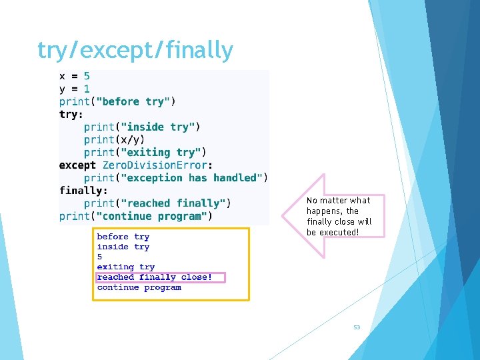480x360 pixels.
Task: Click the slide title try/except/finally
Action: [x=135, y=50]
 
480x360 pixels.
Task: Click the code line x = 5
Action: [x=75, y=76]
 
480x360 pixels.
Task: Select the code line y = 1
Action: [x=75, y=89]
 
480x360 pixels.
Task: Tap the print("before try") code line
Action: [x=117, y=101]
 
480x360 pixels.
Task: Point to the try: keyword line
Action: [x=69, y=114]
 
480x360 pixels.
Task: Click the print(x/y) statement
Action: [x=114, y=139]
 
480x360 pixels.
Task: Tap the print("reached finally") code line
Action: [x=157, y=203]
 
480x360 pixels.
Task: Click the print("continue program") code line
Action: [x=136, y=216]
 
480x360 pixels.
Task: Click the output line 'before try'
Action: [x=123, y=237]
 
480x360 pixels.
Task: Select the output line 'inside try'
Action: [x=123, y=247]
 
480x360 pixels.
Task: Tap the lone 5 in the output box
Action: [x=100, y=257]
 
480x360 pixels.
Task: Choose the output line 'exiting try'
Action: [x=126, y=267]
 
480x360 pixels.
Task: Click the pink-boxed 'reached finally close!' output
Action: [x=155, y=277]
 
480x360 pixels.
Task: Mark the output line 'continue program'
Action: [x=139, y=287]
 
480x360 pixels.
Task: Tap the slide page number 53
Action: [x=357, y=327]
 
